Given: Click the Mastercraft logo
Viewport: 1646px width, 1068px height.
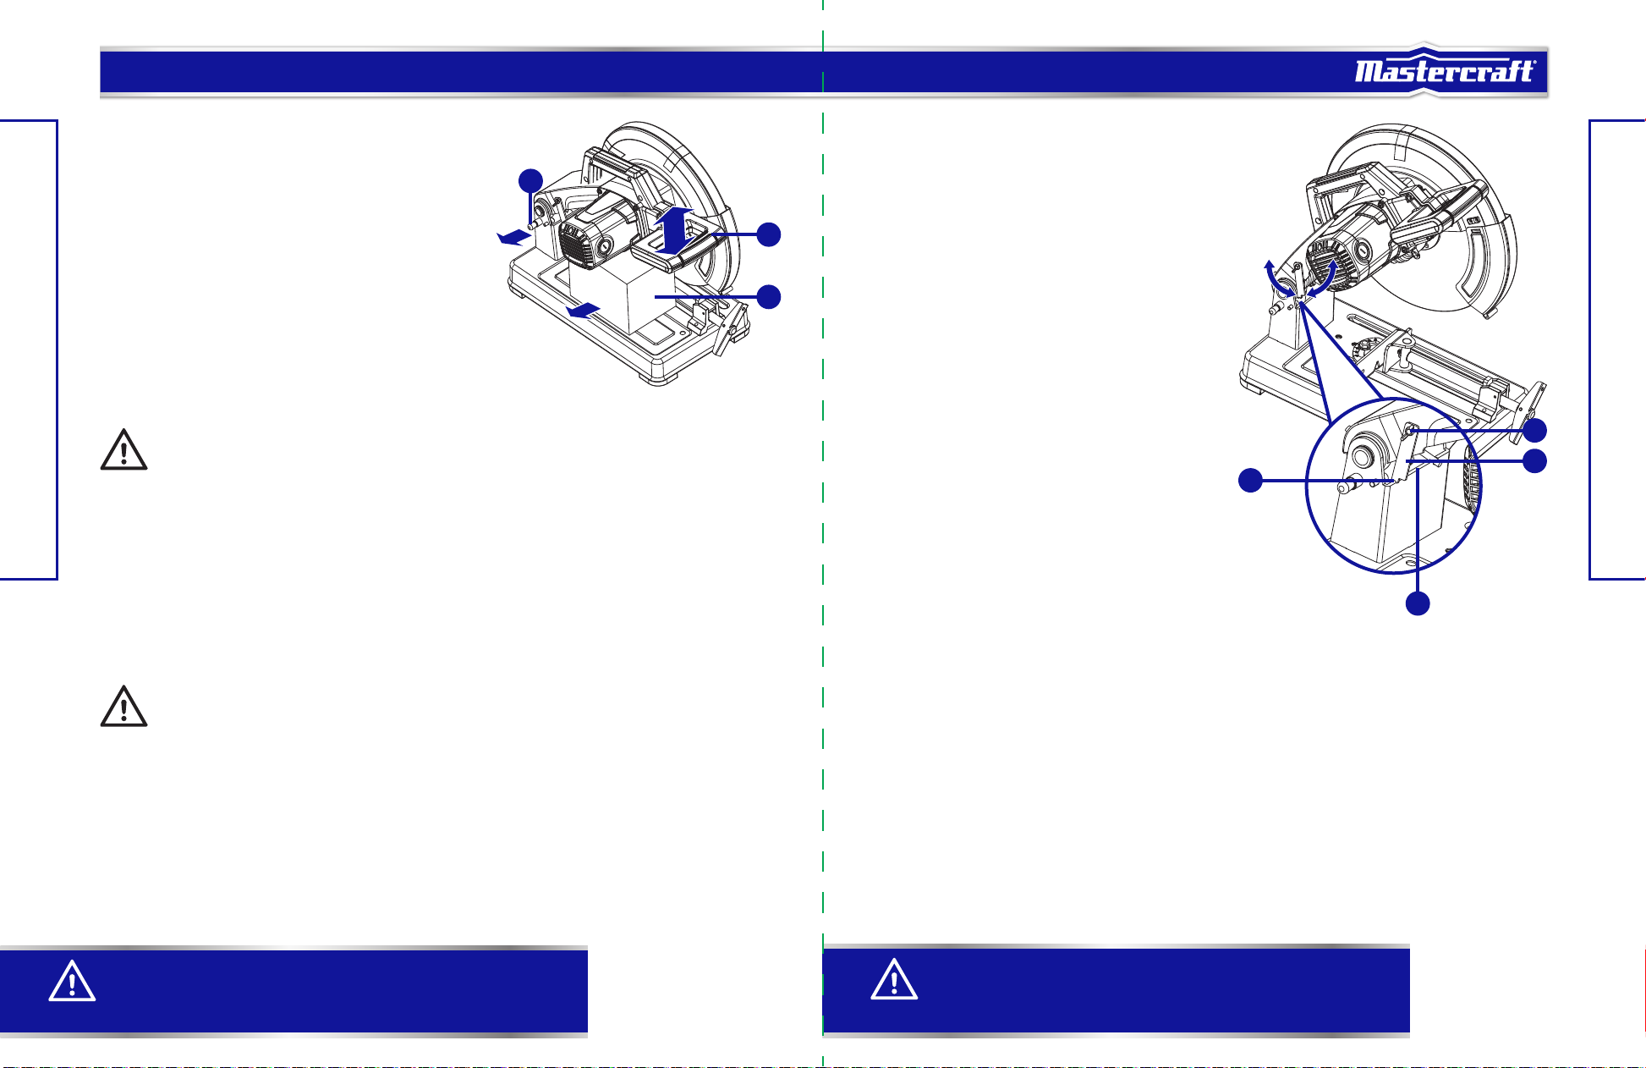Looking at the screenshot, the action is [1445, 71].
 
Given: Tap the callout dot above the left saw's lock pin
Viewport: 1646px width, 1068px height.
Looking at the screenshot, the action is [530, 180].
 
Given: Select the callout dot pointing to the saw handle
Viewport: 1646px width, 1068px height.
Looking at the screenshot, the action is [768, 234].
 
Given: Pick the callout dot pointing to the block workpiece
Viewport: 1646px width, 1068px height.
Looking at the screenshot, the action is [768, 297].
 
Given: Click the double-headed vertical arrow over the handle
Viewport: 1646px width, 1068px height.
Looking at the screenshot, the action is [675, 230].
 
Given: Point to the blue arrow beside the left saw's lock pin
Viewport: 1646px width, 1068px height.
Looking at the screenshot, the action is [514, 238].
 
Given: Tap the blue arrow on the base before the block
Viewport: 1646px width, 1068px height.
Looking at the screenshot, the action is [584, 311].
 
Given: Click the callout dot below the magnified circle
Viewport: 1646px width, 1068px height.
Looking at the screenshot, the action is [1418, 603].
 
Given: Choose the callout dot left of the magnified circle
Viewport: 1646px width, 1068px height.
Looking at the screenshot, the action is [1250, 481].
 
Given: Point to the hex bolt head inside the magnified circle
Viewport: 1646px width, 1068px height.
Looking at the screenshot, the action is [1410, 432].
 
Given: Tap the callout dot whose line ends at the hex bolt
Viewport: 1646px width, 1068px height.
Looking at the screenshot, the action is [1535, 430].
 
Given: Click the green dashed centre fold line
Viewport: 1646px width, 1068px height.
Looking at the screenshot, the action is [823, 534].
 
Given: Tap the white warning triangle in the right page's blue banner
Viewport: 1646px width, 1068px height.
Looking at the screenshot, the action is [894, 980].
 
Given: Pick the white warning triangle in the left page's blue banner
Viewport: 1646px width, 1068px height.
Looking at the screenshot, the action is [72, 982].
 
